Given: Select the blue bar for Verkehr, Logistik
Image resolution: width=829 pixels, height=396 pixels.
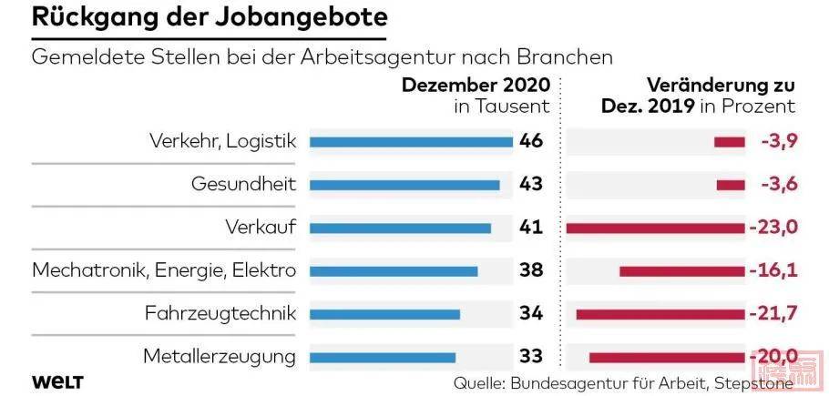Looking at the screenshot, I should click(x=412, y=141).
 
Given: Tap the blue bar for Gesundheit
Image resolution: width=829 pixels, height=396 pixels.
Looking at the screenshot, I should click(x=404, y=185).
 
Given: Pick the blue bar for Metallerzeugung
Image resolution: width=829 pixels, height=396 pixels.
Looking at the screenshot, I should click(x=383, y=357).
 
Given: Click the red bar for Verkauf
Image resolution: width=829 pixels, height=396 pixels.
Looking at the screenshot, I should click(x=656, y=228).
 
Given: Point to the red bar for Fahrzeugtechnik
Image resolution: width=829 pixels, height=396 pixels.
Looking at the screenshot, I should click(x=660, y=314).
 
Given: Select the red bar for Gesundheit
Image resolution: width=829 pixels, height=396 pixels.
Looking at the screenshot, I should click(x=731, y=185).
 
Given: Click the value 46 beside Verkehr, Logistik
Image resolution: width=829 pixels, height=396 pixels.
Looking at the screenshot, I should click(x=530, y=141).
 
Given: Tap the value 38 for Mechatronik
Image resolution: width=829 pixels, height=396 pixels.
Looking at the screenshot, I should click(x=530, y=270).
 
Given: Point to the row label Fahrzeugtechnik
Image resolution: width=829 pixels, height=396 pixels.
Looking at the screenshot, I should click(x=220, y=314).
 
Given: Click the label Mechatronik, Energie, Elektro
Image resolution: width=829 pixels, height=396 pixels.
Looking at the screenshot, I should click(x=164, y=270).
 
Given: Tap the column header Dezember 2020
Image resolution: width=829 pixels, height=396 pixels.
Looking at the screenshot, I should click(x=476, y=86).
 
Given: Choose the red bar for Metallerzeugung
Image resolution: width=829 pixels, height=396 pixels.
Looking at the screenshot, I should click(x=667, y=357).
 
